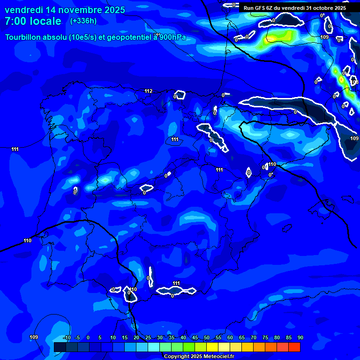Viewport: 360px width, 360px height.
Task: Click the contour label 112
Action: click(x=149, y=91)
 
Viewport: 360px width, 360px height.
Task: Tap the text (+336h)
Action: click(x=83, y=21)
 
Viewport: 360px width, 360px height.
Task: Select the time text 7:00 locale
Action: click(x=33, y=21)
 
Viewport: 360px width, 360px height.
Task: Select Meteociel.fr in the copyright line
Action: click(x=217, y=356)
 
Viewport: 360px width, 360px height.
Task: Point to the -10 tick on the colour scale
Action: click(x=67, y=337)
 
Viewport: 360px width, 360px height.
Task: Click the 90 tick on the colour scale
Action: click(x=300, y=337)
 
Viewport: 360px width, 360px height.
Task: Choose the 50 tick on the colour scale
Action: click(x=207, y=337)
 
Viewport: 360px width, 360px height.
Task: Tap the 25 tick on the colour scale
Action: click(x=148, y=337)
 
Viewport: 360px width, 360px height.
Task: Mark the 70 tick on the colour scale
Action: click(x=254, y=337)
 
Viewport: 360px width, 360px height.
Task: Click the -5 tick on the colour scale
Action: click(x=77, y=337)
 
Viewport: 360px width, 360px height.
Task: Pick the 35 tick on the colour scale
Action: click(x=172, y=337)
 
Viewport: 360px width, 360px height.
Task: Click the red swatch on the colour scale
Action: click(x=294, y=347)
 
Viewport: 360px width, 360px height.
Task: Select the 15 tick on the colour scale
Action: click(x=125, y=337)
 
